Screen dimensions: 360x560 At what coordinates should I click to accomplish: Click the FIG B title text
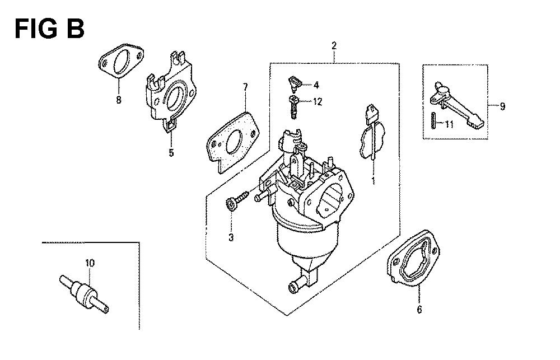(49, 29)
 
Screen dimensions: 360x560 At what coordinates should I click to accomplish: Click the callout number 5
(172, 152)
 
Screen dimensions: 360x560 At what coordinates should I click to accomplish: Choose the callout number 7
(245, 87)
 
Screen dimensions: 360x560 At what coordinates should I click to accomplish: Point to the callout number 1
(374, 181)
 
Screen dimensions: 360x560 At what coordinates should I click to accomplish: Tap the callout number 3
(230, 238)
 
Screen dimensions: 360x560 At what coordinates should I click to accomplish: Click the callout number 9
(502, 106)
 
